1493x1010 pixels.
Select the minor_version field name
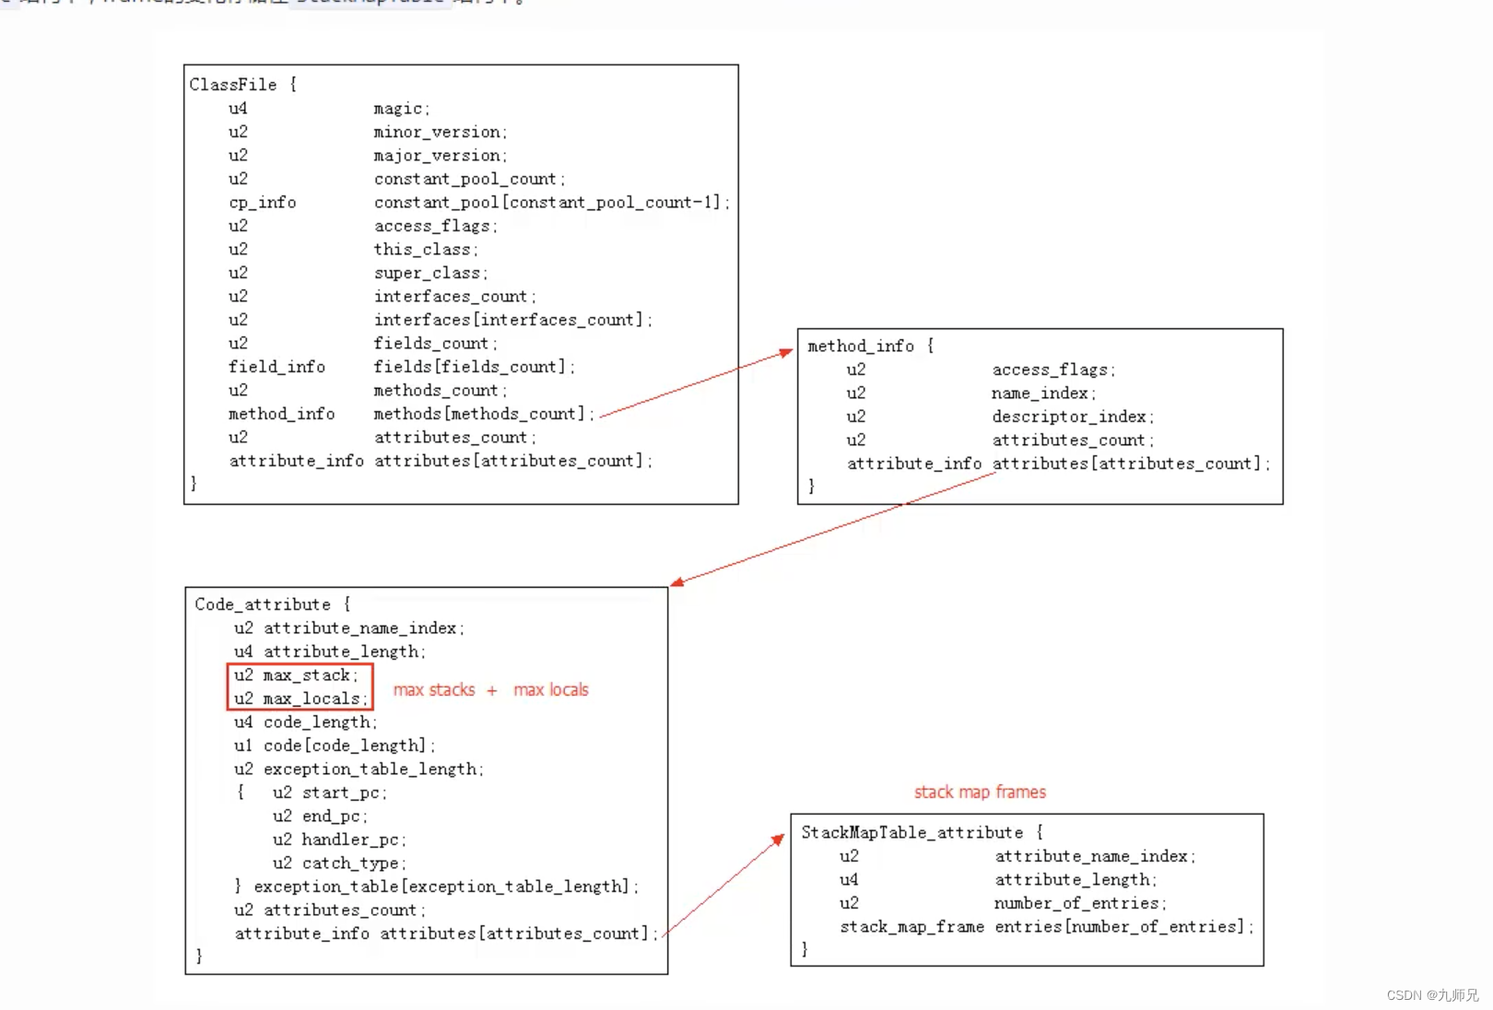tap(437, 133)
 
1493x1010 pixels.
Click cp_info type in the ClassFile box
tap(262, 203)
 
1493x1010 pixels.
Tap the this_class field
tap(422, 250)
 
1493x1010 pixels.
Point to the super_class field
tap(428, 274)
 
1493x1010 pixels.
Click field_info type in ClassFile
tap(276, 367)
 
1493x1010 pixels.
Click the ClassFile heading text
tap(233, 85)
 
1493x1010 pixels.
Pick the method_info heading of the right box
tap(861, 346)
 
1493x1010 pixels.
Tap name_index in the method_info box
tap(1040, 393)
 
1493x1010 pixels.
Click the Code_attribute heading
tap(263, 605)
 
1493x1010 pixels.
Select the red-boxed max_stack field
tap(307, 675)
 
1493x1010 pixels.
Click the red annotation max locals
tap(550, 690)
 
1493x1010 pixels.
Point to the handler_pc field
tap(350, 840)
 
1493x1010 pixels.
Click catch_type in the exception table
tap(350, 863)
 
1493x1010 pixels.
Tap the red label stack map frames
tap(980, 793)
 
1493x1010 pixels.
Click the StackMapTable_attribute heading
tap(911, 833)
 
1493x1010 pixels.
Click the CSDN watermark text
tap(1431, 995)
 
